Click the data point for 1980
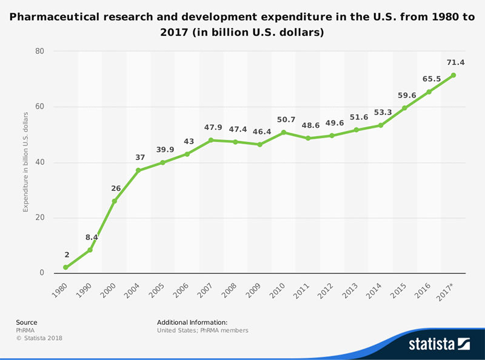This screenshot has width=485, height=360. (65, 267)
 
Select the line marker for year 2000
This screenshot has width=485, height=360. (114, 201)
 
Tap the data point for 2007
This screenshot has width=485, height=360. (211, 140)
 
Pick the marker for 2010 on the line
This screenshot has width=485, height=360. (284, 132)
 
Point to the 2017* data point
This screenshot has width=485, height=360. (453, 75)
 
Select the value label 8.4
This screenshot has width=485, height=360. (92, 237)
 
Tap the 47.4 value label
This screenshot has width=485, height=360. (237, 129)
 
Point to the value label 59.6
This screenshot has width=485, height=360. (407, 95)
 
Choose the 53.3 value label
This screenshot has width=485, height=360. (383, 113)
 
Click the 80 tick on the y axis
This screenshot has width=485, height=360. (40, 52)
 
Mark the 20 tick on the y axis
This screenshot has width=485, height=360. (40, 218)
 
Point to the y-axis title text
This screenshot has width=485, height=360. (25, 162)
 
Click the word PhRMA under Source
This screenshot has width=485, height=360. (25, 330)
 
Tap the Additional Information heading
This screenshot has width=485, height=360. (192, 322)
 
